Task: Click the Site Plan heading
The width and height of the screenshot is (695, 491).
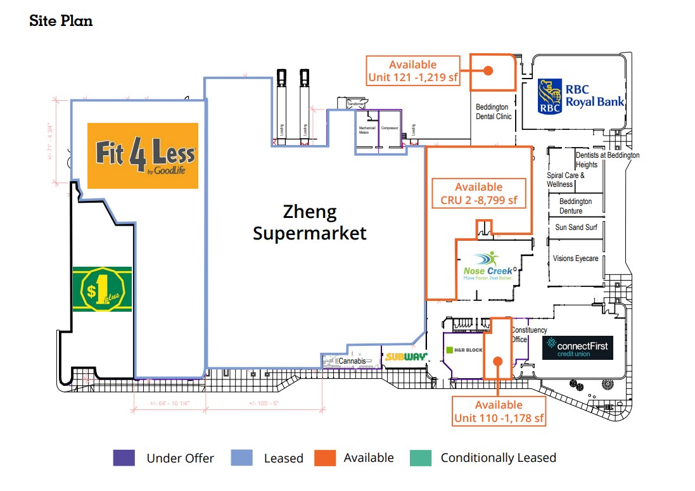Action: (x=61, y=20)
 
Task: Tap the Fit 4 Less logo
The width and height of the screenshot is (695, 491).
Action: (x=143, y=156)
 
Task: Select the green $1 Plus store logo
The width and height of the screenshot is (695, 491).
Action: (x=101, y=289)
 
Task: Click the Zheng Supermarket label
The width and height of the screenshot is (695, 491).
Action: (x=309, y=222)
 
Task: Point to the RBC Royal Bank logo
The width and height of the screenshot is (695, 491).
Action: (x=580, y=96)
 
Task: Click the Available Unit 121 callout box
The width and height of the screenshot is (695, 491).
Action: (x=412, y=71)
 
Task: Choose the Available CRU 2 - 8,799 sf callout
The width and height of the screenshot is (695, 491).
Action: (x=478, y=194)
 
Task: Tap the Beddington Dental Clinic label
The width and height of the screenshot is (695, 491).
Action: (x=494, y=112)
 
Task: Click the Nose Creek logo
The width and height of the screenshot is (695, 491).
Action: (x=487, y=266)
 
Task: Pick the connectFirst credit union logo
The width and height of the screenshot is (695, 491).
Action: (x=577, y=347)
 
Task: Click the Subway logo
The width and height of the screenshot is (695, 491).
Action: (x=406, y=357)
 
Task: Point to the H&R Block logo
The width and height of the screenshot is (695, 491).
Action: (x=464, y=350)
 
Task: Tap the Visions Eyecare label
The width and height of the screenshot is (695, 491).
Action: (x=575, y=258)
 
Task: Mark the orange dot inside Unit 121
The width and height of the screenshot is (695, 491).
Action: (x=488, y=71)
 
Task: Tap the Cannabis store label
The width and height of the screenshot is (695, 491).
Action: (x=352, y=361)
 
